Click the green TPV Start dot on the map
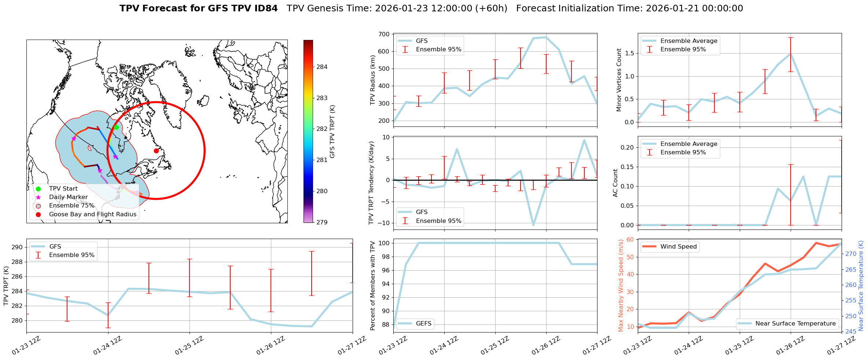pos(116,127)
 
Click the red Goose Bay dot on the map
pos(156,151)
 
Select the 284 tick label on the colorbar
pos(322,67)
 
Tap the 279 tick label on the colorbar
pos(322,222)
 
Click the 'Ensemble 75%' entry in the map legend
pos(71,206)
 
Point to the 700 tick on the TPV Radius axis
pos(385,34)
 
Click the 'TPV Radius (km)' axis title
pos(373,80)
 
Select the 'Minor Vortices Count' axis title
pos(619,80)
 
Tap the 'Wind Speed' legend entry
pos(678,247)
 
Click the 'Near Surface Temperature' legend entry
pos(795,323)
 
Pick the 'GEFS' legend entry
pos(424,323)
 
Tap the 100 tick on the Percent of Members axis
pos(383,243)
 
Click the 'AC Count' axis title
pos(615,183)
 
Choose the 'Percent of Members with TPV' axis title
pos(373,286)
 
